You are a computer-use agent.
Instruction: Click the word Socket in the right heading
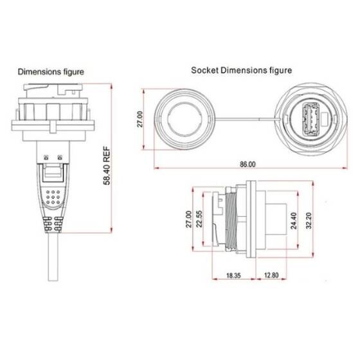(206, 69)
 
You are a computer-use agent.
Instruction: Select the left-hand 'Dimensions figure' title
(51, 71)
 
